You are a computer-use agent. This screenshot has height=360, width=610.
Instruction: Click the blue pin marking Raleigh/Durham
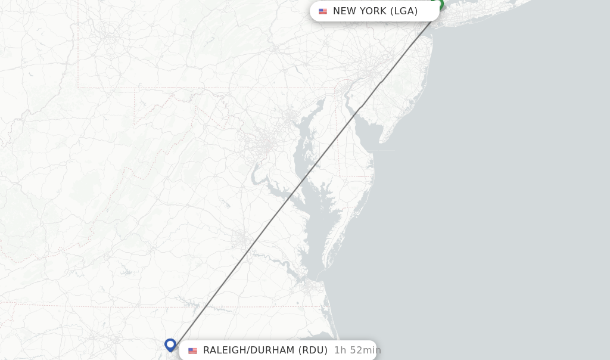point(170,345)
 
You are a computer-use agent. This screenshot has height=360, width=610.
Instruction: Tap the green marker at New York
point(438,4)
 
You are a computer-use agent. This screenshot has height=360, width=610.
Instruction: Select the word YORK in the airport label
point(373,11)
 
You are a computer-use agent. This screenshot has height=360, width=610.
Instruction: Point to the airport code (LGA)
point(404,11)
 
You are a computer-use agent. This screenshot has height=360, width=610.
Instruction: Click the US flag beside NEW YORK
point(323,11)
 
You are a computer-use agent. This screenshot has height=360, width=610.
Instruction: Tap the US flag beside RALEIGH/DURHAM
point(192,350)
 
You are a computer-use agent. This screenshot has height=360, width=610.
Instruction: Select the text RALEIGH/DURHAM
point(248,350)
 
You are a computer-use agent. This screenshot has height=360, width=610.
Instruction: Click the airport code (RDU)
point(313,350)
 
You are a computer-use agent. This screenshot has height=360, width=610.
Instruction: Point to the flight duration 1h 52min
point(357,350)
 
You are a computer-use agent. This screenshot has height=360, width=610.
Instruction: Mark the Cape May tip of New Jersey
point(382,142)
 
